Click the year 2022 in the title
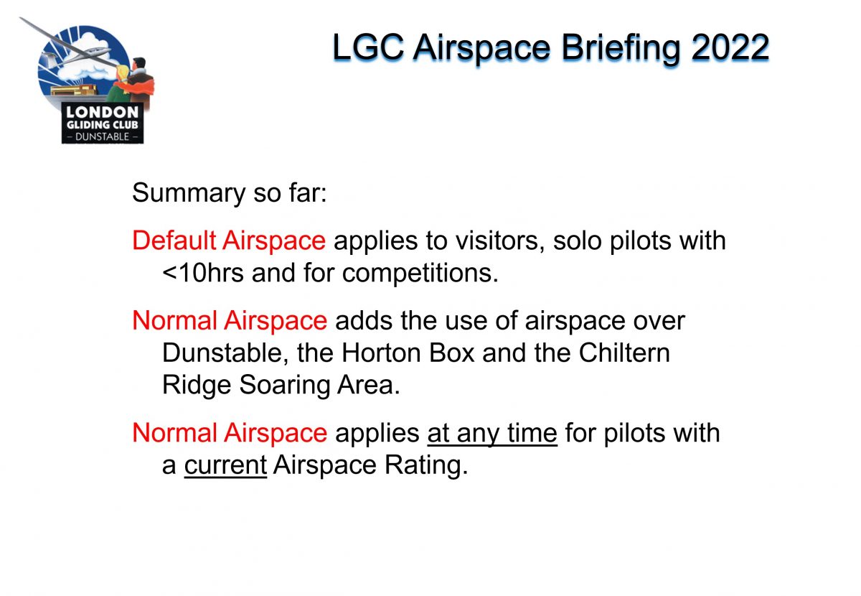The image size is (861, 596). [730, 47]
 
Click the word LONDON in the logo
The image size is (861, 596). [102, 112]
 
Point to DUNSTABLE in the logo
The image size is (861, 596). [102, 136]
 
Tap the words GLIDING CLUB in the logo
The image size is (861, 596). [102, 125]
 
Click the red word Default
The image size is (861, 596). [174, 241]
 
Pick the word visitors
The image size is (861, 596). [499, 241]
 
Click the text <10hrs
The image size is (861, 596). [203, 273]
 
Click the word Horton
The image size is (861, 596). [381, 353]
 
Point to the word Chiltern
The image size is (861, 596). [624, 353]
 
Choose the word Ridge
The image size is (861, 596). [197, 386]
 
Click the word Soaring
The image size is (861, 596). [284, 386]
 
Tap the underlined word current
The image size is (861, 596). [225, 465]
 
